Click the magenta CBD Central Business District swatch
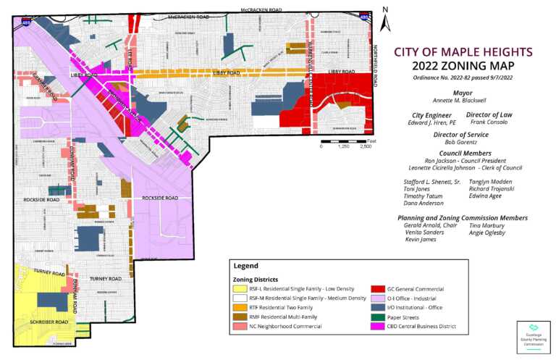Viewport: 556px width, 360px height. coord(377,326)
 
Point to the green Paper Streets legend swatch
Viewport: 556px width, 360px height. coord(377,317)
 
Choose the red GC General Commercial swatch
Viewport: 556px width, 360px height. coord(377,288)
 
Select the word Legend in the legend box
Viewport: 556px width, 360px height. coord(245,266)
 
